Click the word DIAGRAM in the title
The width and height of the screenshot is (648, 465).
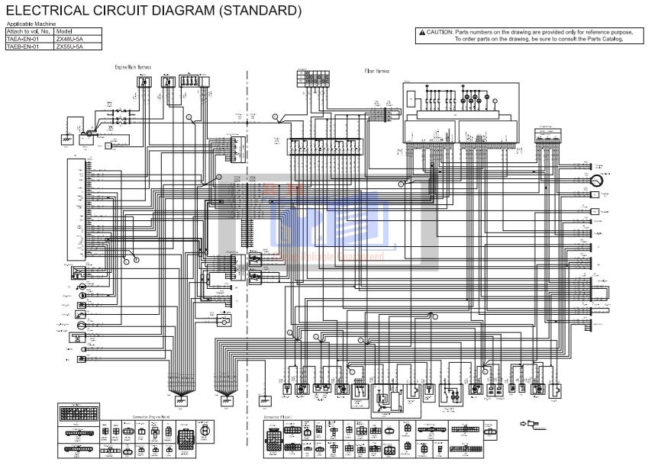tap(156, 11)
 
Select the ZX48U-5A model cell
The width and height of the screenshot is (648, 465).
tap(69, 38)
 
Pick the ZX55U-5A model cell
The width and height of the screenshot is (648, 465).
tap(69, 46)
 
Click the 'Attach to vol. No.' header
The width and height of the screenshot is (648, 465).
tap(28, 31)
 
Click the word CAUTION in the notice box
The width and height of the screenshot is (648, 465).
tap(439, 33)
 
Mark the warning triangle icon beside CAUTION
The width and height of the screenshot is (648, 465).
tap(421, 33)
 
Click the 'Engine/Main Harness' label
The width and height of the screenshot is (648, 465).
tap(133, 67)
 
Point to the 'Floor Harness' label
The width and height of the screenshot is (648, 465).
tap(377, 71)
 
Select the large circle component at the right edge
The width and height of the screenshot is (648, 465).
tap(596, 180)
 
